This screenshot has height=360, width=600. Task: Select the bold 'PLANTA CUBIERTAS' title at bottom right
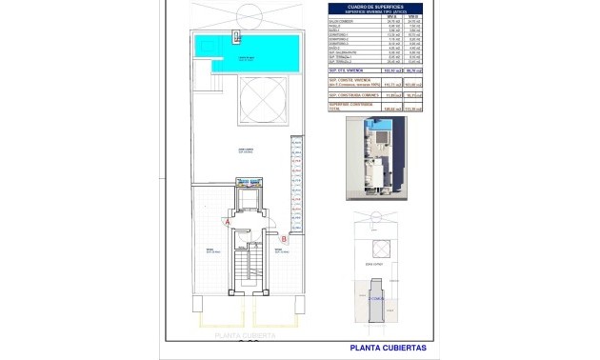pos(387,348)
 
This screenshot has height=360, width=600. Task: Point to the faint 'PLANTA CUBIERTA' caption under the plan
pos(245,335)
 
